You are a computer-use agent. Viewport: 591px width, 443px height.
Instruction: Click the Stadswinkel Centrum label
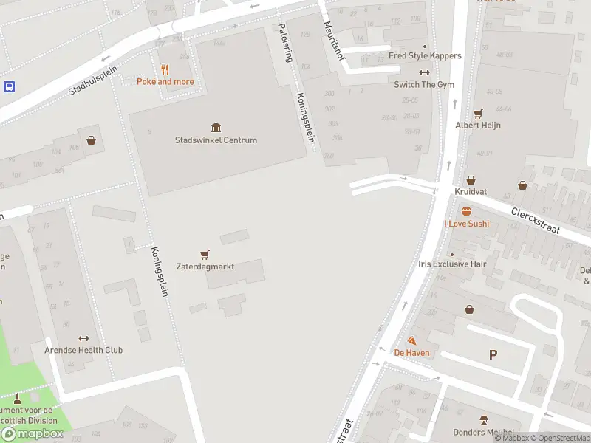(216, 140)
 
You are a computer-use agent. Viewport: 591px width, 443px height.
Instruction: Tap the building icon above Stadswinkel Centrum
(216, 128)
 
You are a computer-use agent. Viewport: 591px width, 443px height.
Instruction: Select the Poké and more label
(165, 81)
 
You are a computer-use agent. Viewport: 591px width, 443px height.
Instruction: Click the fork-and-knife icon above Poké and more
(165, 69)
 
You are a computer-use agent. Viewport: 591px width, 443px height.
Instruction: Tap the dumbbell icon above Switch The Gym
(424, 72)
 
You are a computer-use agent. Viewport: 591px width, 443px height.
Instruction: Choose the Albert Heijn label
(478, 126)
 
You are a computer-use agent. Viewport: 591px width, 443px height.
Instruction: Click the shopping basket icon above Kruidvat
(471, 179)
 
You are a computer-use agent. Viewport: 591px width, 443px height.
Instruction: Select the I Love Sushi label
(466, 223)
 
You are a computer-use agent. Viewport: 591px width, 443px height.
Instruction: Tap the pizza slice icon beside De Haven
(411, 341)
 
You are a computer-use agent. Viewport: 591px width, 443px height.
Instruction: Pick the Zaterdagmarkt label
(205, 267)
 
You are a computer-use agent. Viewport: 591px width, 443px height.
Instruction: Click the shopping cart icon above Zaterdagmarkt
(205, 254)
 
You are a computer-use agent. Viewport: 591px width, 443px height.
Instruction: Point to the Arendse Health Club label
(83, 350)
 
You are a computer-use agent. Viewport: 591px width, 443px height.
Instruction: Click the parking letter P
(493, 355)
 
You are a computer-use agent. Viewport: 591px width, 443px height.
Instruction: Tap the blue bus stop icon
(9, 86)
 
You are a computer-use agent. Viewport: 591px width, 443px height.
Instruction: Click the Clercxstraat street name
(536, 220)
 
